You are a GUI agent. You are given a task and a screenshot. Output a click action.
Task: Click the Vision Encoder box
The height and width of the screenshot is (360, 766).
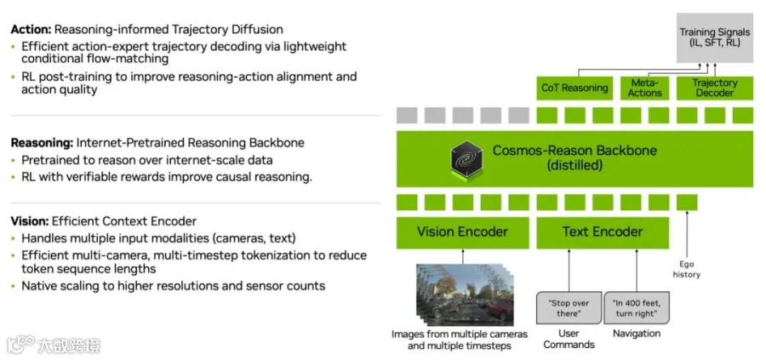coord(462,231)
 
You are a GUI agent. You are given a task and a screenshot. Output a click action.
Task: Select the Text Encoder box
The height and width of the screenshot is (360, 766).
coord(603,231)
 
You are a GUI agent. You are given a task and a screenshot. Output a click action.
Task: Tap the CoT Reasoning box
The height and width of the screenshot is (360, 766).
coord(574,88)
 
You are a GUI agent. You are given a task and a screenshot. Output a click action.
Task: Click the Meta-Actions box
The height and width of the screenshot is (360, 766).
coord(644,88)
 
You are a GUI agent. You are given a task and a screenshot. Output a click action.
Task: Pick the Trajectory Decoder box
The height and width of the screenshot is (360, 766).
coord(714,88)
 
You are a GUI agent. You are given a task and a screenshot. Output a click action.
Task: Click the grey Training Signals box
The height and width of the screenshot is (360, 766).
coord(714,37)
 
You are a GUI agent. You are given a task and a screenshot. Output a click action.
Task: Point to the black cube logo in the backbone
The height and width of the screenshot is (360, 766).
coord(466,157)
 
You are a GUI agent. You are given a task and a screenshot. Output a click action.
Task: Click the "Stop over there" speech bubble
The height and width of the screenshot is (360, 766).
coord(569,308)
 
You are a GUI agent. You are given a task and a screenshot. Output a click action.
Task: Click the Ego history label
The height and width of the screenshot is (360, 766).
coord(687,270)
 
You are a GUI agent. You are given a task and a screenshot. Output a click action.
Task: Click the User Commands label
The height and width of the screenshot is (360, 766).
coord(569,339)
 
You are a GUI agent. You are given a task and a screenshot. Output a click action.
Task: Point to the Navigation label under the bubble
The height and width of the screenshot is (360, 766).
coord(636,334)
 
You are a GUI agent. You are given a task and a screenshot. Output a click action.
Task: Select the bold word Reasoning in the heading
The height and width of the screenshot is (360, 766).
coord(42,142)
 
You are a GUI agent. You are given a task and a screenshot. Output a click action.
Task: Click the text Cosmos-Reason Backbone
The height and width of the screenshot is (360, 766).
coord(574,151)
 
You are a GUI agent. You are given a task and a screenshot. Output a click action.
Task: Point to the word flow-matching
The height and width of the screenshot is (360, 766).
coord(118,60)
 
